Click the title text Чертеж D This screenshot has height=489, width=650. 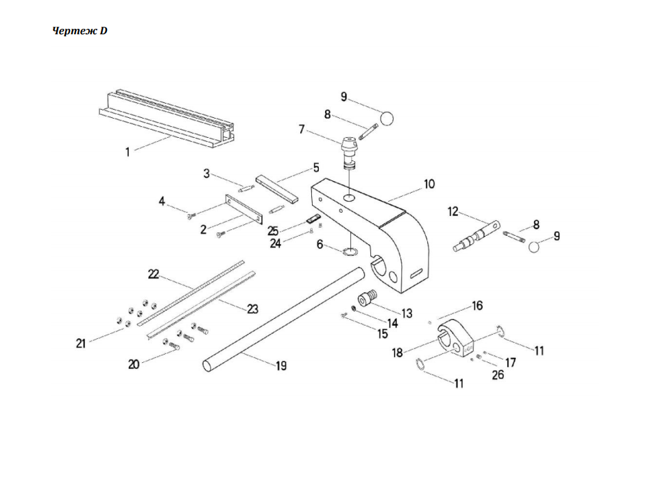point(80,31)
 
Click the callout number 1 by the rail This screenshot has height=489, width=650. point(128,152)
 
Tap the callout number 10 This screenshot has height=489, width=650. point(429,184)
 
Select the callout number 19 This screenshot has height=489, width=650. point(281,366)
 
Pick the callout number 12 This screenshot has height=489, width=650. point(453,211)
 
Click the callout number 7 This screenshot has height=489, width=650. point(301,128)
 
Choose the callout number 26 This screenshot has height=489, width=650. point(498,374)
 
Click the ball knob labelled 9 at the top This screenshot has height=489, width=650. point(387,118)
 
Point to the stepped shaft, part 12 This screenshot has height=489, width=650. point(477,234)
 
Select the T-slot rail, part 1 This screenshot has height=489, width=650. point(171,120)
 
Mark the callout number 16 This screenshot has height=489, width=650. point(477,305)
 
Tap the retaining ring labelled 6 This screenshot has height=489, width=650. point(350,252)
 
